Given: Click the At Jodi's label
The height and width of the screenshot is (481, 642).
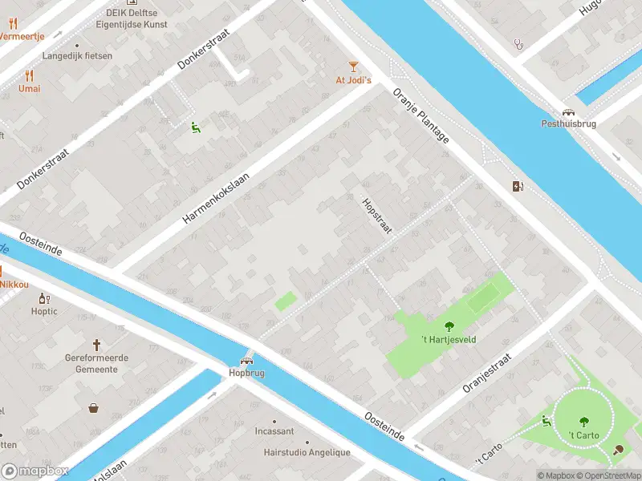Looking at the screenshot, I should pyautogui.click(x=353, y=80).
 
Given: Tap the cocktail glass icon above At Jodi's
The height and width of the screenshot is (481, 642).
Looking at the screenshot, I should pyautogui.click(x=353, y=66).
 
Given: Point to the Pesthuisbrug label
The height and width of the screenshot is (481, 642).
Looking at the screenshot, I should pyautogui.click(x=568, y=124).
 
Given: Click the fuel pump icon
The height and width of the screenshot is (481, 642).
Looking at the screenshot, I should pyautogui.click(x=518, y=187).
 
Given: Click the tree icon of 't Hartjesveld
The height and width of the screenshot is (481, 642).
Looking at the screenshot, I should pyautogui.click(x=449, y=325).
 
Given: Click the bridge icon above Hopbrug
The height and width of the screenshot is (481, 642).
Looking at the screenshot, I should pyautogui.click(x=246, y=360).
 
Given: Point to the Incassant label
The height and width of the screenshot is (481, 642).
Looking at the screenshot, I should pyautogui.click(x=274, y=431).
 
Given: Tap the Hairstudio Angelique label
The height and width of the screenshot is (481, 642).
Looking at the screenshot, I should pyautogui.click(x=307, y=452).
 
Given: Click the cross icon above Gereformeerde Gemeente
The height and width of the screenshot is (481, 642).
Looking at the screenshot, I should pyautogui.click(x=97, y=345).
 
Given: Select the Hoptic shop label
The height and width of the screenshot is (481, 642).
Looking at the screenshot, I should pyautogui.click(x=45, y=311).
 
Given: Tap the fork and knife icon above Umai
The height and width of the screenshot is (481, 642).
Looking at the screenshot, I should pyautogui.click(x=30, y=75).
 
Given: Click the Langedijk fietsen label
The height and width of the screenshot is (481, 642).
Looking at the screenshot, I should pyautogui.click(x=77, y=56).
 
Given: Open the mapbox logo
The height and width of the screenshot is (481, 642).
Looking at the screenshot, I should pyautogui.click(x=35, y=471).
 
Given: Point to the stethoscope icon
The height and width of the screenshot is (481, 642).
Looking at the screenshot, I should pyautogui.click(x=519, y=44).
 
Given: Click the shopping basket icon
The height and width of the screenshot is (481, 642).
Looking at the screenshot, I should pyautogui.click(x=95, y=408).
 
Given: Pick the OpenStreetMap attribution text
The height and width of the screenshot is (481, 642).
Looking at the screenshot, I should pyautogui.click(x=610, y=475).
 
